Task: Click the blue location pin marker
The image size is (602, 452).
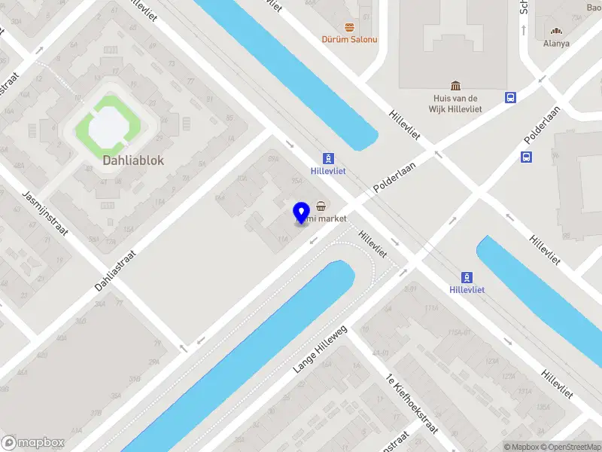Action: coord(302,212)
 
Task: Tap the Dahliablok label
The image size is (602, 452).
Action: coord(133,160)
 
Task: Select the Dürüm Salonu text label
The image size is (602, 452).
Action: coord(350,39)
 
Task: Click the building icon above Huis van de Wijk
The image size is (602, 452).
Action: coord(456,85)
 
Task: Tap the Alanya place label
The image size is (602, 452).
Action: coord(556,44)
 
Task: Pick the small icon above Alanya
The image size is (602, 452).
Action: coord(556,31)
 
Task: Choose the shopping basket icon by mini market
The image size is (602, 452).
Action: coord(321,206)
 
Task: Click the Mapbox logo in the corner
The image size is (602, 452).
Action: coord(33,443)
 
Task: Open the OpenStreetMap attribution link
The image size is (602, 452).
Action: coord(570,447)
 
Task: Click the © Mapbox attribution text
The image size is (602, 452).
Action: coord(521,447)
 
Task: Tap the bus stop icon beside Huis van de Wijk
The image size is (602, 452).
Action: coord(511,97)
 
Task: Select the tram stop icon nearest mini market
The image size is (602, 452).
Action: coord(328,158)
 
